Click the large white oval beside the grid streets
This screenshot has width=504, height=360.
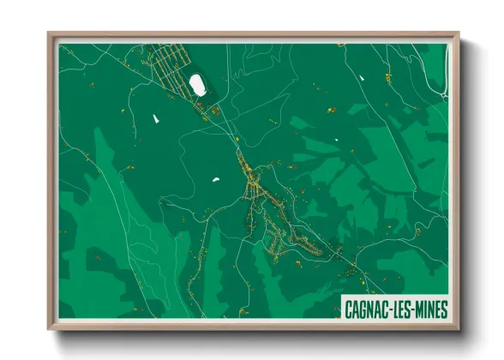[198, 84]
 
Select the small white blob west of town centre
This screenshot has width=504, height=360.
[215, 179]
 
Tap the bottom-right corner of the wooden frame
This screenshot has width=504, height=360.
[459, 328]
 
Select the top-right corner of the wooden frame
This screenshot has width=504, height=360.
[459, 34]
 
